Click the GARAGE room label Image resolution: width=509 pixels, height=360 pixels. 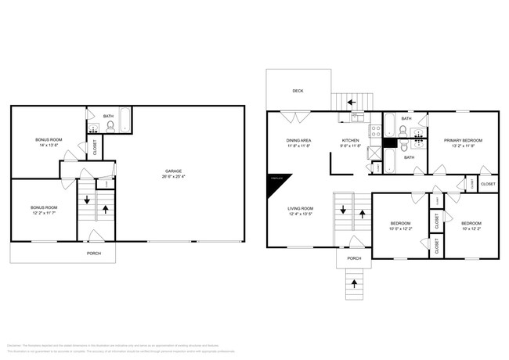click(174, 171)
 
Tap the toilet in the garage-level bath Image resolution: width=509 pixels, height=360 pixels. click(110, 125)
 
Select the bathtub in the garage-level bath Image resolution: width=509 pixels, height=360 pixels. click(125, 124)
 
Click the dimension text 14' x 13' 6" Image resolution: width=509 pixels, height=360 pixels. click(49, 146)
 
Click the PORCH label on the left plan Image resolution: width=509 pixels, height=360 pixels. click(93, 254)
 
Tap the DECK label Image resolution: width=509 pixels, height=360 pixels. click(298, 91)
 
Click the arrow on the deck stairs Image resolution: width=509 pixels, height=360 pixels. click(351, 102)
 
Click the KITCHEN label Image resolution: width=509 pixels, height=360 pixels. click(350, 140)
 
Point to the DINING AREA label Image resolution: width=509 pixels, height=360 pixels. click(298, 140)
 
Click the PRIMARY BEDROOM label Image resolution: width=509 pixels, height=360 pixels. click(463, 140)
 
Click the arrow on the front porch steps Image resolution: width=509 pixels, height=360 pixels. click(354, 283)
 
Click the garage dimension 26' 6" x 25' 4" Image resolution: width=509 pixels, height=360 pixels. click(174, 177)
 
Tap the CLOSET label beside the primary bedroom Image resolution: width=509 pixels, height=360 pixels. click(487, 184)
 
